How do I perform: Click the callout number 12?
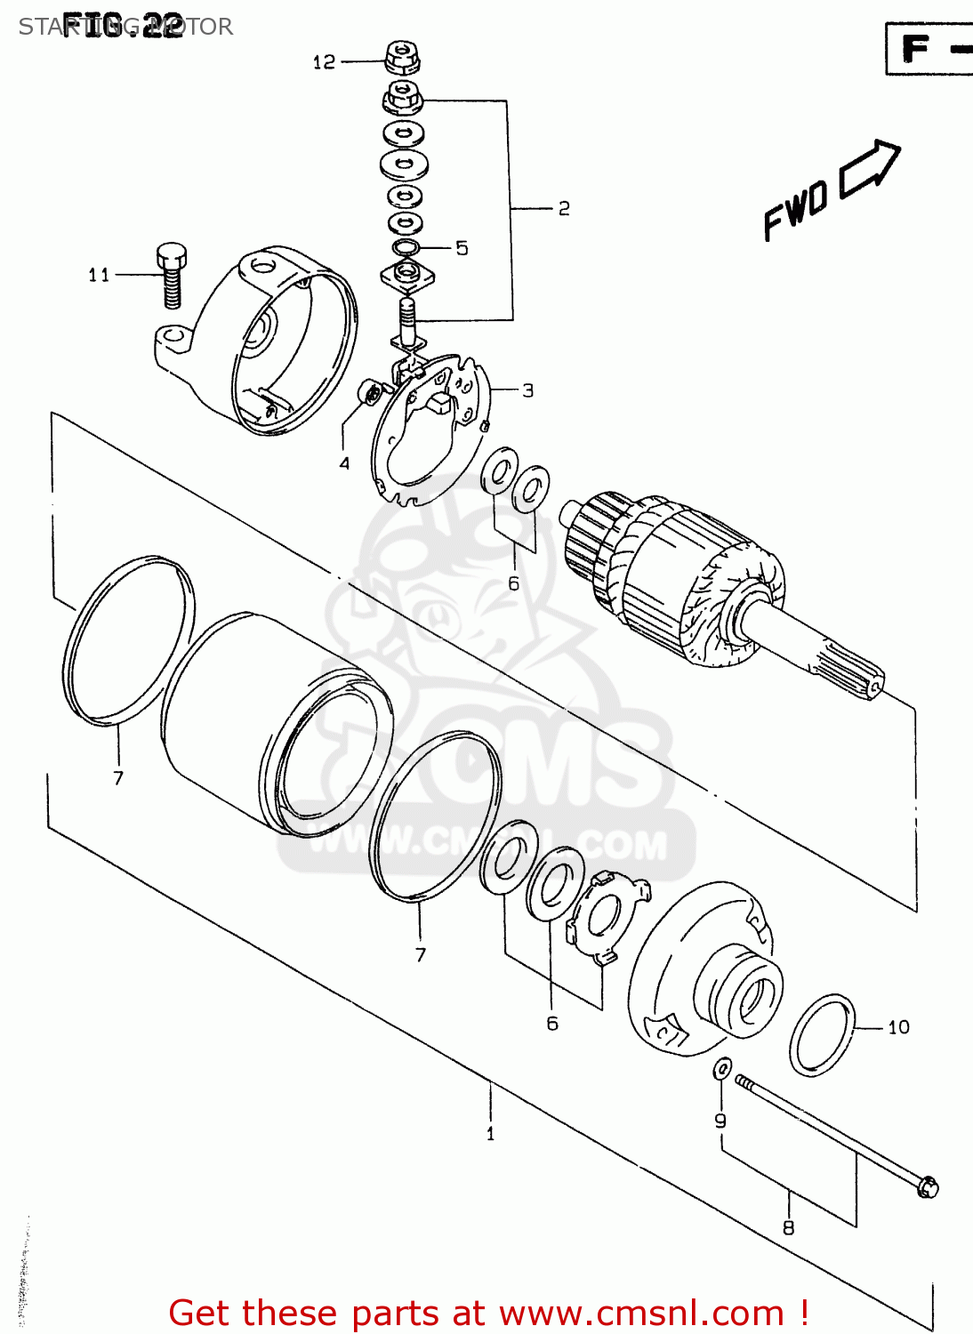324,62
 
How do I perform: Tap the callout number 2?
564,208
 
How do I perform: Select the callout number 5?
462,248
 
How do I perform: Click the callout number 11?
99,275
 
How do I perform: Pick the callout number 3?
528,390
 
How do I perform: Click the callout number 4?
344,462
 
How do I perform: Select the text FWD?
796,211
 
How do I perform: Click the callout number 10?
899,1027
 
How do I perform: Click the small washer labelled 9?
723,1068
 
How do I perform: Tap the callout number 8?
788,1228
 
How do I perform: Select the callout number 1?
490,1134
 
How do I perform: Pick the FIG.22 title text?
122,26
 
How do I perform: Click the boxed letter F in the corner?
915,48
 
